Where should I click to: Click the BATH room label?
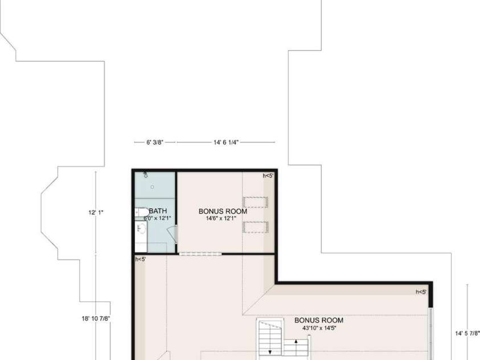[158, 211]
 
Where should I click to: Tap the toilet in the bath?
[142, 212]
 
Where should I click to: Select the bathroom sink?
[141, 228]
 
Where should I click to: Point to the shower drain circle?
[152, 187]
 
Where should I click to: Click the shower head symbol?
[146, 175]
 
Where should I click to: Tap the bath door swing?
[173, 235]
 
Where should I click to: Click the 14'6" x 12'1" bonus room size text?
[221, 218]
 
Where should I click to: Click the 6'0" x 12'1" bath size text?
[157, 218]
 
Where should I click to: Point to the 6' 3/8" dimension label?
[155, 142]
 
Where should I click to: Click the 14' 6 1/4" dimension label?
[226, 142]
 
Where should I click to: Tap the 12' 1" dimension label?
[96, 212]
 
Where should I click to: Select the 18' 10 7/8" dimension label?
[96, 318]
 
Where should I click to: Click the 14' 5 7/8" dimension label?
[467, 333]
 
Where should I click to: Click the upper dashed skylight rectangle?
[255, 202]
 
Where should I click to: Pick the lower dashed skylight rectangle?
[255, 227]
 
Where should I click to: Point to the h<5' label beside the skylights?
[268, 175]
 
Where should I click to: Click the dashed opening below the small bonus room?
[200, 254]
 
